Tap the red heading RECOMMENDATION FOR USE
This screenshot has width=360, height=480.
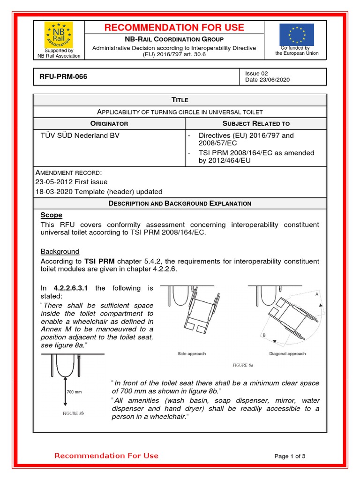(x=174, y=28)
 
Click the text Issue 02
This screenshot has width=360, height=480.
(x=256, y=73)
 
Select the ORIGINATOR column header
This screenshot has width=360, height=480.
(x=109, y=124)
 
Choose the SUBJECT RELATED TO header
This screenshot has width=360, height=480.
(x=256, y=124)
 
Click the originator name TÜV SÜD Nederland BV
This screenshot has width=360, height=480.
(x=80, y=135)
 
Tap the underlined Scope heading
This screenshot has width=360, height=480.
(x=51, y=215)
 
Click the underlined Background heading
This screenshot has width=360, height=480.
(x=60, y=252)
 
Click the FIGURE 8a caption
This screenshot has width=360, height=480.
(x=243, y=364)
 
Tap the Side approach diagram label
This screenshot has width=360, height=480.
(x=191, y=353)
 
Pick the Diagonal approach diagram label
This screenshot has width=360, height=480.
(x=287, y=353)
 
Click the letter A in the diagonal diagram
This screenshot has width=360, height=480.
(x=317, y=293)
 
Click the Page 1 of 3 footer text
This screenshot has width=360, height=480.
(x=290, y=456)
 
